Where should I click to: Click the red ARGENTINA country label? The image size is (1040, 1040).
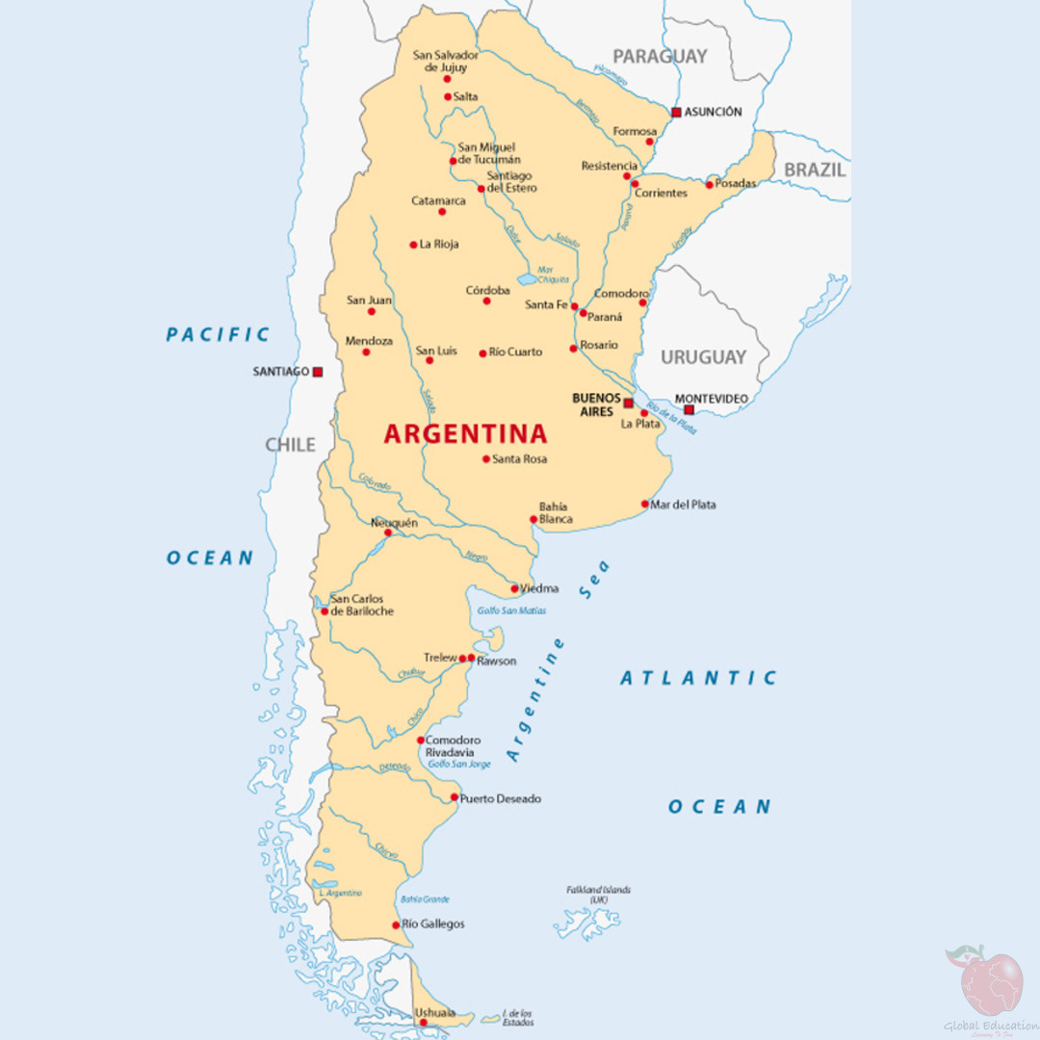465,433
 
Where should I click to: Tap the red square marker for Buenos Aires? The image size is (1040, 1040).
629,403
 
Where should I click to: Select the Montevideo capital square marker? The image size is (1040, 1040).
689,409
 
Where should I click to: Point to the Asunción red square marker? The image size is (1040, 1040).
676,113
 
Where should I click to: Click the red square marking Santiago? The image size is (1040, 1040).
318,372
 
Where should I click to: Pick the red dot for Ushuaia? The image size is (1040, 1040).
423,1023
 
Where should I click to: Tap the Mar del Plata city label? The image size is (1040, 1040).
683,505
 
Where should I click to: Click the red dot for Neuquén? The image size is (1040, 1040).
388,533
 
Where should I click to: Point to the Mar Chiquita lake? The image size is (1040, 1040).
527,279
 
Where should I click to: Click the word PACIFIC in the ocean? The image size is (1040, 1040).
219,335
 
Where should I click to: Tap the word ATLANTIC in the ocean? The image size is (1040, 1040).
698,678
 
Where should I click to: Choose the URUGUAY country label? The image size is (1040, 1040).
703,357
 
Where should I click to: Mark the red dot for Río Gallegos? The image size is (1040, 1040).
396,924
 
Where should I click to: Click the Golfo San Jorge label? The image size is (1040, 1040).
459,764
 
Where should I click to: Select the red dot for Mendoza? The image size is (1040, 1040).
366,351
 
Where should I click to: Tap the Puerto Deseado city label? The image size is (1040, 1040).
500,798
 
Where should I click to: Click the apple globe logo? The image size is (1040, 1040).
992,982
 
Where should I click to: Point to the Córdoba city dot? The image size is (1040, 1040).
486,301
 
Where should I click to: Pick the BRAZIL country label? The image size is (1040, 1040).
815,170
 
